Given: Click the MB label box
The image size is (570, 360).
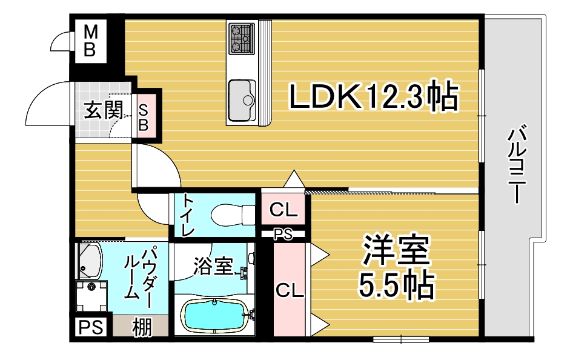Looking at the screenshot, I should (89, 41).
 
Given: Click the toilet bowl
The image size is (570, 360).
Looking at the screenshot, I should (227, 215).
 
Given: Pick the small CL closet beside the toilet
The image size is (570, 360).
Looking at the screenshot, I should (283, 210).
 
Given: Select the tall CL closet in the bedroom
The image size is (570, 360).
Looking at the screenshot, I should (289, 290).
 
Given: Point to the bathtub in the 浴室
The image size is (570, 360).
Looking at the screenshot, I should (214, 316).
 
